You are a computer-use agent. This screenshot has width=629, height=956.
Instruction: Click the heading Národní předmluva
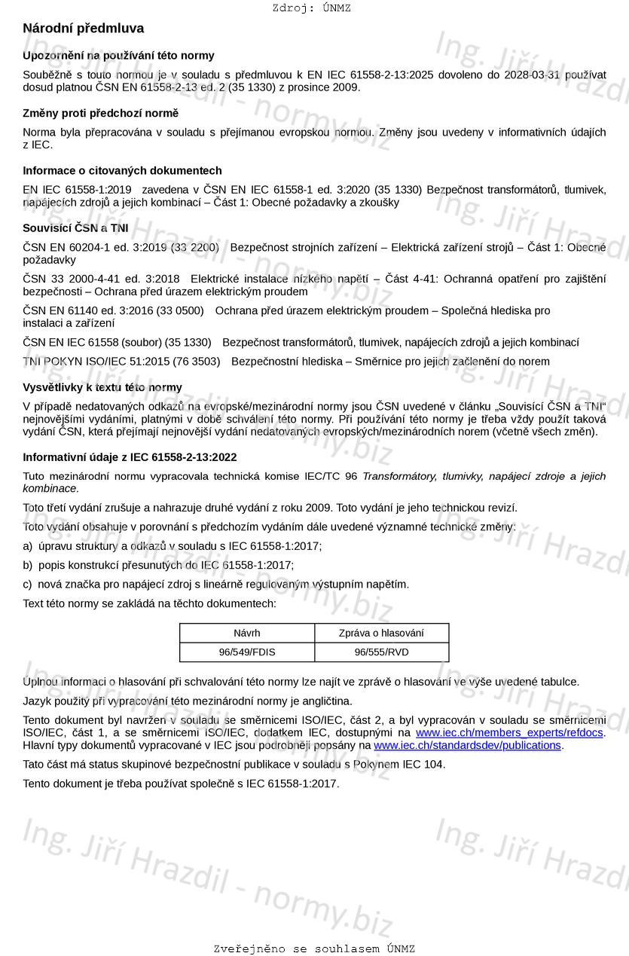(x=83, y=29)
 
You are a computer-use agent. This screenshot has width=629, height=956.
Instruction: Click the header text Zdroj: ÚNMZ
(x=311, y=8)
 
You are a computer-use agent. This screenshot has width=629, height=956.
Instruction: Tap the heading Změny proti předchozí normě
(x=100, y=113)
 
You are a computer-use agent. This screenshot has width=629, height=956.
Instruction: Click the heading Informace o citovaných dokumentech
(x=122, y=170)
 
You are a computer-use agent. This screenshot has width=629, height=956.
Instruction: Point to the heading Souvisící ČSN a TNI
(x=75, y=228)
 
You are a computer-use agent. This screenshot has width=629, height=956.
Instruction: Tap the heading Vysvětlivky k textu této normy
(x=102, y=388)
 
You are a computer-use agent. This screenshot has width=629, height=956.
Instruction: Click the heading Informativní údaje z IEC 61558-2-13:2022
(x=130, y=457)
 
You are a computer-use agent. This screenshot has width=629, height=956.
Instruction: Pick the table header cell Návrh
(x=246, y=633)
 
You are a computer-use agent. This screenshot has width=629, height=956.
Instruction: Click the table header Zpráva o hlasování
(x=381, y=633)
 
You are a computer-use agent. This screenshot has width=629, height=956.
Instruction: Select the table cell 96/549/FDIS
(x=246, y=652)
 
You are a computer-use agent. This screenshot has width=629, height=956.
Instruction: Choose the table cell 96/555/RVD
(x=381, y=652)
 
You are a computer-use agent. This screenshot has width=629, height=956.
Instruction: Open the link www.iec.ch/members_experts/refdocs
(x=509, y=732)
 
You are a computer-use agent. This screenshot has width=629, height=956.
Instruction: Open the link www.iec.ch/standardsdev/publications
(x=467, y=745)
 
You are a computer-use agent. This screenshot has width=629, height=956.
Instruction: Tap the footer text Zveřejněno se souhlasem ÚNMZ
(x=314, y=948)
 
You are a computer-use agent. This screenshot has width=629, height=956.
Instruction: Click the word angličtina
(x=328, y=701)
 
